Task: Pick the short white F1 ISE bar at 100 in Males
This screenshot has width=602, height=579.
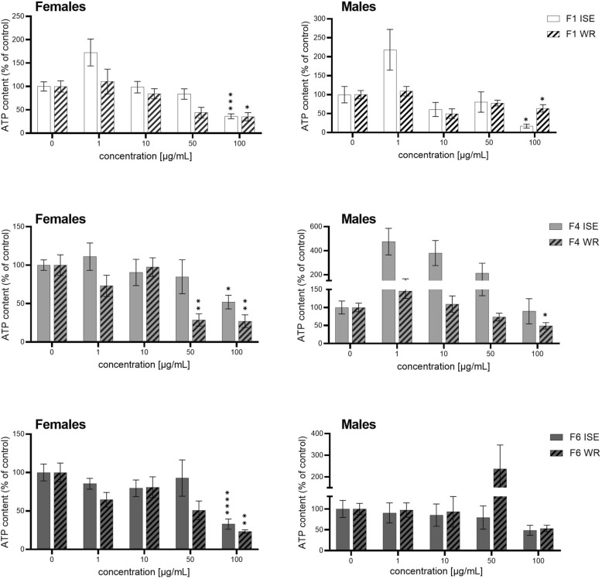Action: coord(484,128)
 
